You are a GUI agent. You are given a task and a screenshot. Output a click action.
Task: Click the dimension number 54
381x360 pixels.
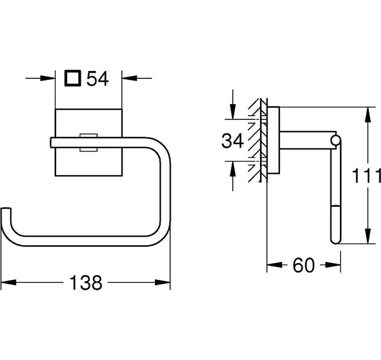98,79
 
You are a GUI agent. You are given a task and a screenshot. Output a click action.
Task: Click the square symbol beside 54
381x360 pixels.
72,78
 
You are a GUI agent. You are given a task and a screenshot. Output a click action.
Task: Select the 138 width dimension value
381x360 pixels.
86,282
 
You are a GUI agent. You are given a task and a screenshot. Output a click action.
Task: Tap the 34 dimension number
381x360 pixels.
232,141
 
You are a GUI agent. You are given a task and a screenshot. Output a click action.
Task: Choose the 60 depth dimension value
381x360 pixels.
304,265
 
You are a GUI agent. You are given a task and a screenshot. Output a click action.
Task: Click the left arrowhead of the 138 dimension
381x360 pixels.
8,282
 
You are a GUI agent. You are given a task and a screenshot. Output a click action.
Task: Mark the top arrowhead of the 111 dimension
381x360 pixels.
368,115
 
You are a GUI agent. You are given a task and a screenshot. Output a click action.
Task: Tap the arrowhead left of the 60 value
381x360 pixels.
274,265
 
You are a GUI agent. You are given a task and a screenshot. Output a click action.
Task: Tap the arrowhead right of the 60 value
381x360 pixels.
333,265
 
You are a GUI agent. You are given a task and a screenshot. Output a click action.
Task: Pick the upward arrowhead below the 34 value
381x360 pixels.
233,169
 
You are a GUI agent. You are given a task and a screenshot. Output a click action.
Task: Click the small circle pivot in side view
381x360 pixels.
335,141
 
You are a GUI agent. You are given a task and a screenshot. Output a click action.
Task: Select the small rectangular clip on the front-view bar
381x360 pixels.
89,142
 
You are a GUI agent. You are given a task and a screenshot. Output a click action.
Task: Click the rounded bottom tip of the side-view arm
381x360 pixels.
336,241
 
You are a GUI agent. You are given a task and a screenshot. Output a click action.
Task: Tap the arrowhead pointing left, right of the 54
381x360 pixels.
129,78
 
